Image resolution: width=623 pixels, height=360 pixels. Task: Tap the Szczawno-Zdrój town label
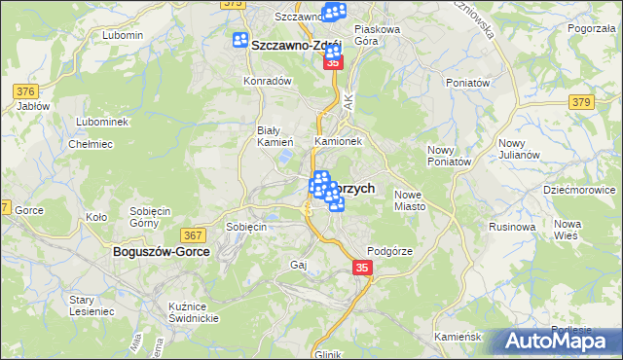click(x=294, y=46)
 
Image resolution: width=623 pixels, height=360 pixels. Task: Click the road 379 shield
click(x=582, y=102)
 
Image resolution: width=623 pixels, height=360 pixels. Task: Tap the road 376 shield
click(x=25, y=91)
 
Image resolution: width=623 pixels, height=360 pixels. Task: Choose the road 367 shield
click(x=193, y=234)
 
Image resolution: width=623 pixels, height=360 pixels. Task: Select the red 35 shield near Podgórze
click(x=362, y=268)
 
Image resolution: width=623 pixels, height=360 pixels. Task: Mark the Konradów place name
click(x=268, y=82)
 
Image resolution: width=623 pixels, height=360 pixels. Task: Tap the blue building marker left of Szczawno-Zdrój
click(x=241, y=40)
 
